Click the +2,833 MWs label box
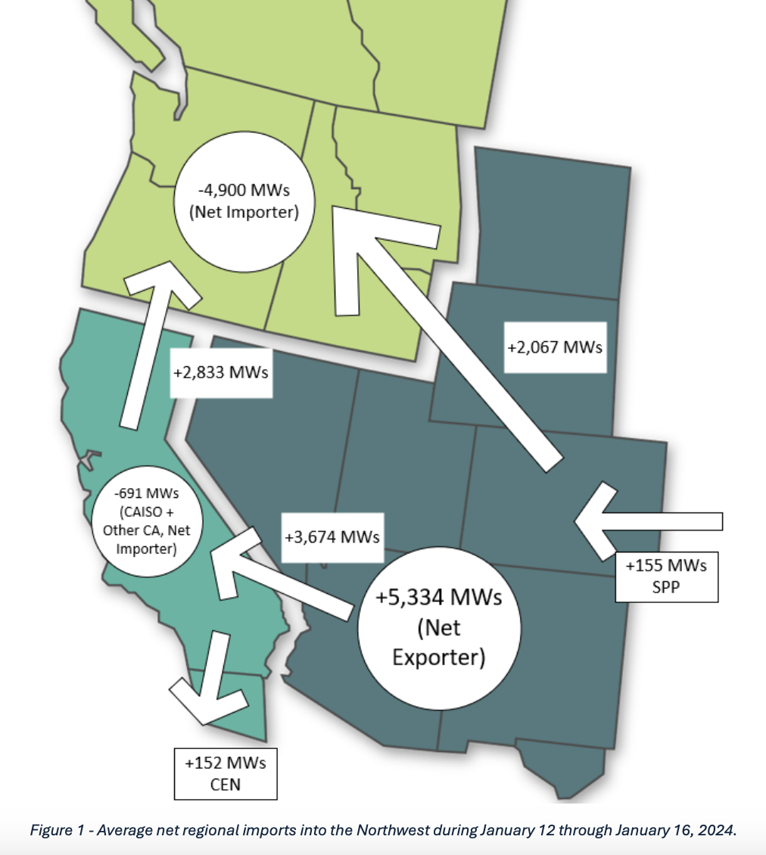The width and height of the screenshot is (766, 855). [x=220, y=372]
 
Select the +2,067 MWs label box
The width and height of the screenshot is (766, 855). [x=554, y=347]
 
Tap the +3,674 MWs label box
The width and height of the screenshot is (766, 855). [x=332, y=536]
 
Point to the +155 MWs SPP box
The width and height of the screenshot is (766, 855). [x=666, y=577]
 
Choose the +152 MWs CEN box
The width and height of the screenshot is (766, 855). [x=225, y=773]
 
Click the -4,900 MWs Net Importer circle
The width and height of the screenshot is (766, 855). [x=243, y=201]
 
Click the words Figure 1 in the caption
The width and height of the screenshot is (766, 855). [x=55, y=830]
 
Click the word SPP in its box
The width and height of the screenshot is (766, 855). [x=666, y=586]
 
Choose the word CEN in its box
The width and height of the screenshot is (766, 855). [x=225, y=784]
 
